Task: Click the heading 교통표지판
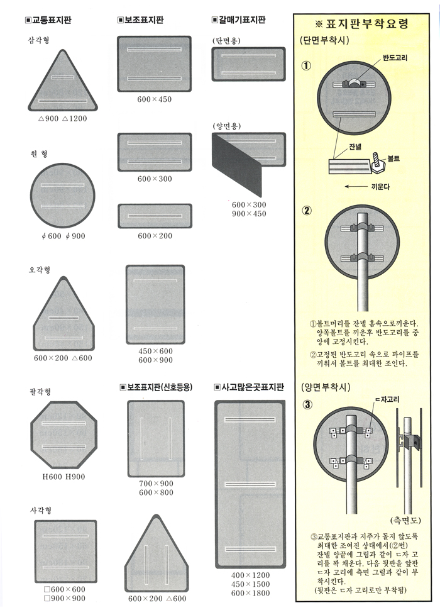[x=48, y=20]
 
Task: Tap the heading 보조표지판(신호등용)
[x=157, y=387]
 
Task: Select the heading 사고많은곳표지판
[x=249, y=387]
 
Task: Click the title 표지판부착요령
[x=361, y=24]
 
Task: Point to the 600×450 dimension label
[x=154, y=99]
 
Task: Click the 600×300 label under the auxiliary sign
[x=155, y=179]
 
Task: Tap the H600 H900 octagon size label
[x=63, y=477]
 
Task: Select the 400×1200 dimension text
[x=250, y=575]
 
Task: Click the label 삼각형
[x=39, y=40]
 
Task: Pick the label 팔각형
[x=40, y=391]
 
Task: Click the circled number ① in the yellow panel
[x=307, y=66]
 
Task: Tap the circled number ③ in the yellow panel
[x=307, y=404]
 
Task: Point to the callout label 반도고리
[x=395, y=58]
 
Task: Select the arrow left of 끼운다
[x=356, y=187]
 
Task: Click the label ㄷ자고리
[x=387, y=399]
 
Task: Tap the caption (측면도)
[x=405, y=521]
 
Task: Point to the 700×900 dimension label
[x=156, y=484]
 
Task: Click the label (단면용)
[x=227, y=40]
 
